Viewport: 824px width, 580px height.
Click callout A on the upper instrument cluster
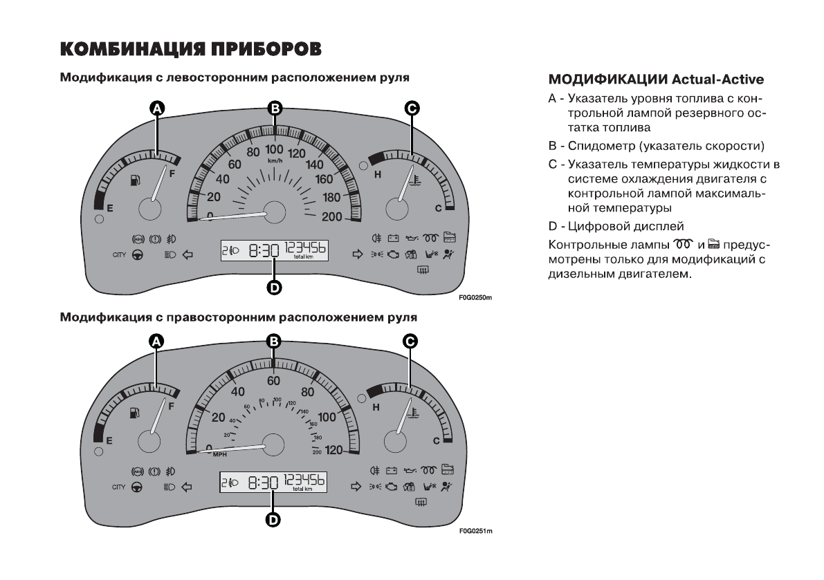tap(157, 108)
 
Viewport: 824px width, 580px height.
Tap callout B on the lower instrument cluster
tap(275, 341)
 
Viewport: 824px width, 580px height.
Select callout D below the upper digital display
tap(275, 288)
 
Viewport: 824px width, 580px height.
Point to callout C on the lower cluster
tap(410, 341)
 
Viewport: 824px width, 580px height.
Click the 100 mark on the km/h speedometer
tap(275, 149)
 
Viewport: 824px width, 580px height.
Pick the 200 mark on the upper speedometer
tap(332, 217)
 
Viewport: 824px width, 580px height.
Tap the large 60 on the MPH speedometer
tap(275, 381)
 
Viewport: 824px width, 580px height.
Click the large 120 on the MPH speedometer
tap(333, 451)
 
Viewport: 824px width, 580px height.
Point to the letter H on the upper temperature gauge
tap(378, 174)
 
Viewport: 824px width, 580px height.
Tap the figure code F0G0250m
tap(474, 299)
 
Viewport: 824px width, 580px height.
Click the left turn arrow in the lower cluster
tap(186, 487)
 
